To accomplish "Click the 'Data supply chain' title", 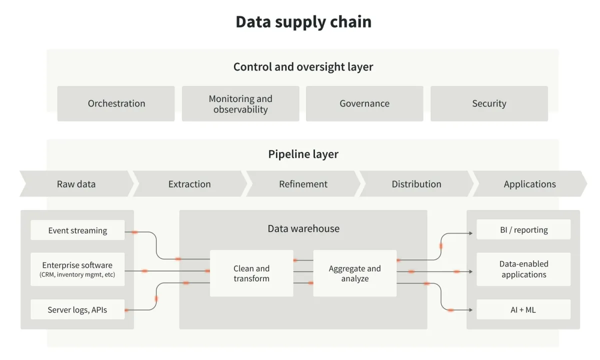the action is click(303, 21).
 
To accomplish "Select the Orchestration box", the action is click(116, 103).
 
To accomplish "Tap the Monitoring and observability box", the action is click(240, 103).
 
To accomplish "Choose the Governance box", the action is click(364, 103).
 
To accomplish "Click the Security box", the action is click(489, 103).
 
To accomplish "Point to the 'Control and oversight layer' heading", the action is click(303, 66).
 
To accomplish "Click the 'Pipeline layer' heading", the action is click(303, 154).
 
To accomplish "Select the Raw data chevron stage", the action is click(76, 184).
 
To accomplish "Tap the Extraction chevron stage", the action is click(189, 184).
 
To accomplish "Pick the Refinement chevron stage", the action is click(303, 184).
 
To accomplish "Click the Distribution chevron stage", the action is click(416, 184).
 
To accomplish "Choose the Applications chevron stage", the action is click(530, 184).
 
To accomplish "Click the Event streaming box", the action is click(77, 230).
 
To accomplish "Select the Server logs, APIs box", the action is click(77, 309).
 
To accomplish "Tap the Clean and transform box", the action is click(251, 273).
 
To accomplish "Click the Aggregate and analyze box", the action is click(355, 273).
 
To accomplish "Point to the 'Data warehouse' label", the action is click(303, 228).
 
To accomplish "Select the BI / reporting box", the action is click(523, 229).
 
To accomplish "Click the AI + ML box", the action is click(523, 309).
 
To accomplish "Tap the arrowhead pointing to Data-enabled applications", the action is click(471, 271).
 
